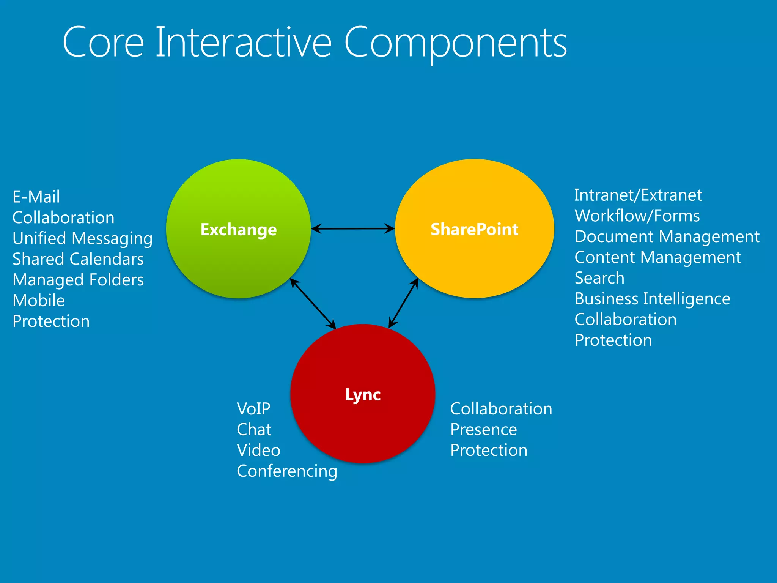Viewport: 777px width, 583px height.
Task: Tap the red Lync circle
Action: point(363,421)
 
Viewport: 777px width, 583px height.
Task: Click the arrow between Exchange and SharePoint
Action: point(353,228)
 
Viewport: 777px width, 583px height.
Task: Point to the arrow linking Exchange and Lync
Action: point(313,304)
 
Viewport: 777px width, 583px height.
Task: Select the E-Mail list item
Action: point(36,197)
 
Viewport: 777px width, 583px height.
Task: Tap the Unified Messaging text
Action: point(82,239)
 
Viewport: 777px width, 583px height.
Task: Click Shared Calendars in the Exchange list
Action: point(78,259)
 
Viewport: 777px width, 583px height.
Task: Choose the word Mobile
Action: point(39,301)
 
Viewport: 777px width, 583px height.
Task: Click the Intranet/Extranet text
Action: point(638,195)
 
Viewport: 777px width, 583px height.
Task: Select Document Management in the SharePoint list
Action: point(667,237)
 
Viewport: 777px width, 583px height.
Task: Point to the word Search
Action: point(599,278)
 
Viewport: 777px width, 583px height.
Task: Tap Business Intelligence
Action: point(652,299)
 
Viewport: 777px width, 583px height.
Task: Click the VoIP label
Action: point(253,409)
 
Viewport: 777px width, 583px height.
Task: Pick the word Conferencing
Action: point(287,471)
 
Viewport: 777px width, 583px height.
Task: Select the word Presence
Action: point(483,430)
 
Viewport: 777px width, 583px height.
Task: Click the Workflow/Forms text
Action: point(637,216)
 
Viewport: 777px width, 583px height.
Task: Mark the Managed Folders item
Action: point(78,280)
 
